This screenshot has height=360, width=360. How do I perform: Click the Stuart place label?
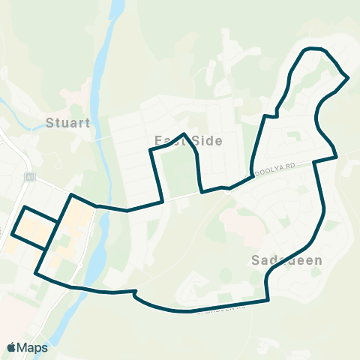pyautogui.click(x=67, y=122)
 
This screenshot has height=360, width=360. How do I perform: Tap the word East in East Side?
pyautogui.click(x=168, y=141)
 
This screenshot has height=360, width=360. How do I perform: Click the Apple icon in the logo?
pyautogui.click(x=11, y=347)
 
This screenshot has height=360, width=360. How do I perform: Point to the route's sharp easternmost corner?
pyautogui.click(x=348, y=77)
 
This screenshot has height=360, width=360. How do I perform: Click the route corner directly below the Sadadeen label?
pyautogui.click(x=268, y=301)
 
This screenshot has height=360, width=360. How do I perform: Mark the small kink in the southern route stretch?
pyautogui.click(x=135, y=293)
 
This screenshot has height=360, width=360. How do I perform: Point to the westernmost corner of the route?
pyautogui.click(x=11, y=235)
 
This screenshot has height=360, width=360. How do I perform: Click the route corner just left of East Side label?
pyautogui.click(x=151, y=151)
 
